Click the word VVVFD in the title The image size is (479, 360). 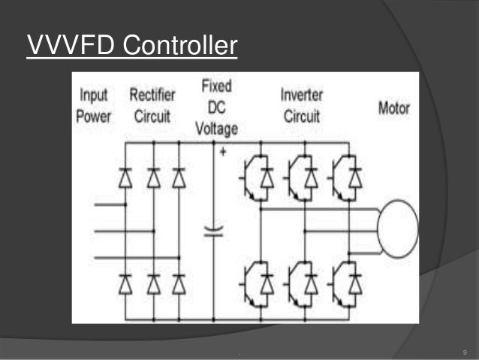tap(70, 46)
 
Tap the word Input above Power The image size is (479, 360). tap(93, 96)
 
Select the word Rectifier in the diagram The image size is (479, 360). tap(152, 95)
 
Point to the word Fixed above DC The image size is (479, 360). tap(216, 85)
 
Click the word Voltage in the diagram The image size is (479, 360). tap(216, 128)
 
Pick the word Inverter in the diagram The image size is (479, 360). tap(302, 95)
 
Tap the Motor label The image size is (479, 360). tap(393, 108)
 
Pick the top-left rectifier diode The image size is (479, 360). tap(126, 177)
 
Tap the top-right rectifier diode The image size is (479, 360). tap(179, 177)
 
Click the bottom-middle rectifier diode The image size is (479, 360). tap(153, 283)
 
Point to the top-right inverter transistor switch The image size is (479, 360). tap(348, 177)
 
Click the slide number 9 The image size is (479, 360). tap(465, 352)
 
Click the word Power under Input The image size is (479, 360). tap(93, 116)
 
